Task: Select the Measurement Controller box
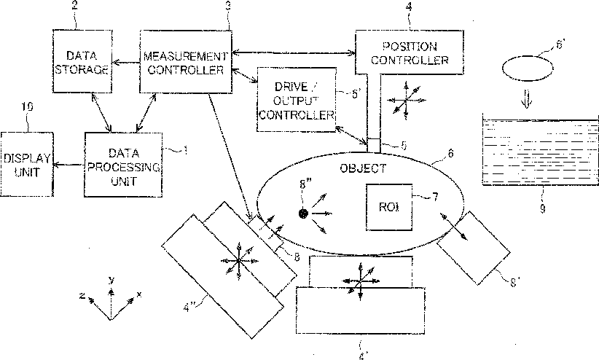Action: (x=185, y=61)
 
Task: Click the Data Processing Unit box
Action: (x=122, y=164)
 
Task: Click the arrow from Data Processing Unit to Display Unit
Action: (x=68, y=165)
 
